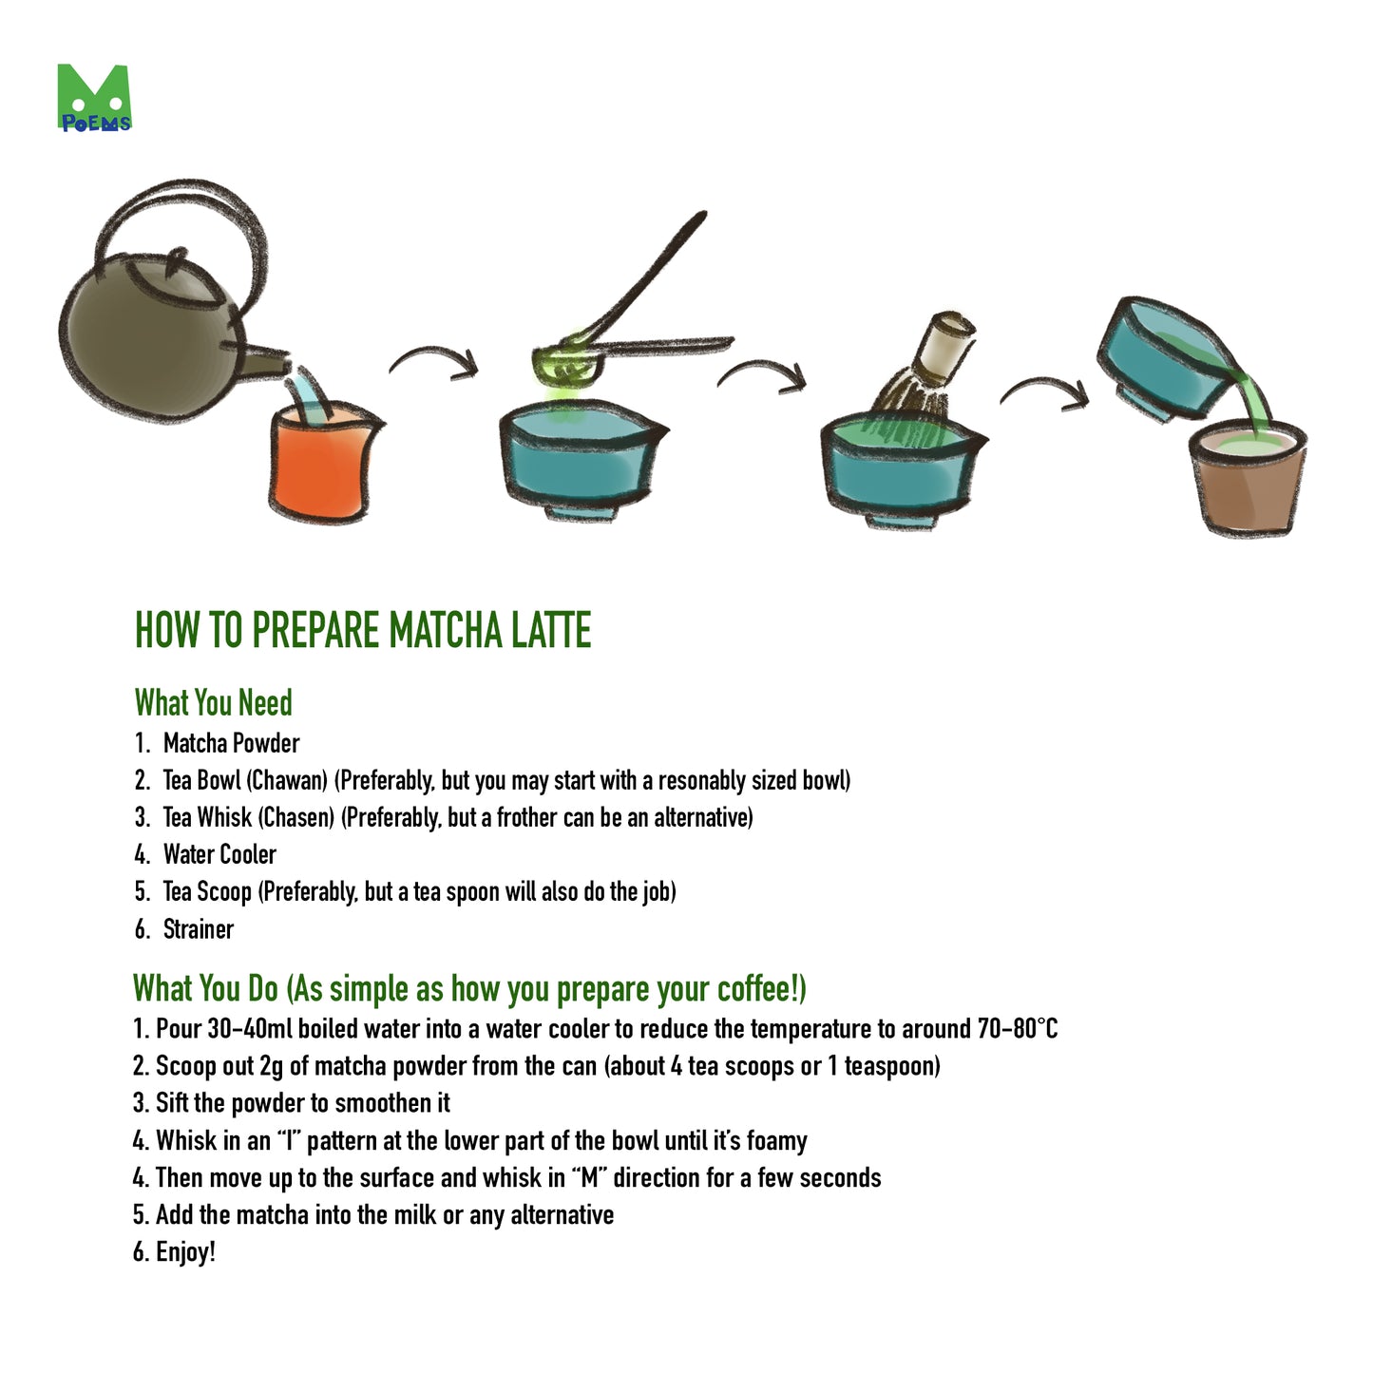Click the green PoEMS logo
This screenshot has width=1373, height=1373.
pos(93,98)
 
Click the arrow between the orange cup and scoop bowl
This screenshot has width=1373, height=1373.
pos(433,361)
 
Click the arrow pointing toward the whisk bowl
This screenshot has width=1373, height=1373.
pos(762,372)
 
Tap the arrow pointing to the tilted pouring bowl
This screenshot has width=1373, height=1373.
pos(1045,391)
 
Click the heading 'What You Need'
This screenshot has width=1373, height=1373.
pos(213,703)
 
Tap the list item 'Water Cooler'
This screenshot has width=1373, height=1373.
pos(219,854)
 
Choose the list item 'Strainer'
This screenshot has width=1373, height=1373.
pos(198,928)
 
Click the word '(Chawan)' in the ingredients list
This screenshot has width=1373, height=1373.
pos(287,780)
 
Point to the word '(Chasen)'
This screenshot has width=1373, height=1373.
pos(296,817)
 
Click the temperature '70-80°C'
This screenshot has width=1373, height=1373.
pos(1017,1029)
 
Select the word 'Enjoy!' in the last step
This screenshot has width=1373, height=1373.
pos(185,1251)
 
